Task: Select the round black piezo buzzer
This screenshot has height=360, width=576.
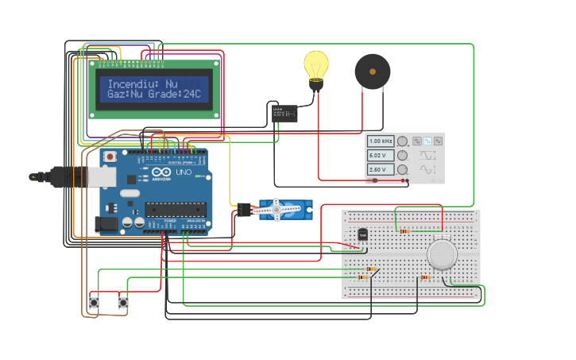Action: click(x=372, y=72)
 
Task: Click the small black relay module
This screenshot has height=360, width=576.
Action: click(x=284, y=114)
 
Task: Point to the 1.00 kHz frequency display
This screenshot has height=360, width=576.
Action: click(x=381, y=141)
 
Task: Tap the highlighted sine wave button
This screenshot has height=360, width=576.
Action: click(x=427, y=141)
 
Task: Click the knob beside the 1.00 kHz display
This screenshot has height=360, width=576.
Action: click(x=403, y=141)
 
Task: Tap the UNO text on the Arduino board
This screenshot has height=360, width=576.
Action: click(x=184, y=172)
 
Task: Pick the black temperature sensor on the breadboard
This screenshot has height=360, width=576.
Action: click(x=363, y=234)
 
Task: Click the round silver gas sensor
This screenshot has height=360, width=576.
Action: click(x=442, y=254)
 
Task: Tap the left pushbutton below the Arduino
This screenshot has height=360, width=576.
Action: click(x=94, y=302)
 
